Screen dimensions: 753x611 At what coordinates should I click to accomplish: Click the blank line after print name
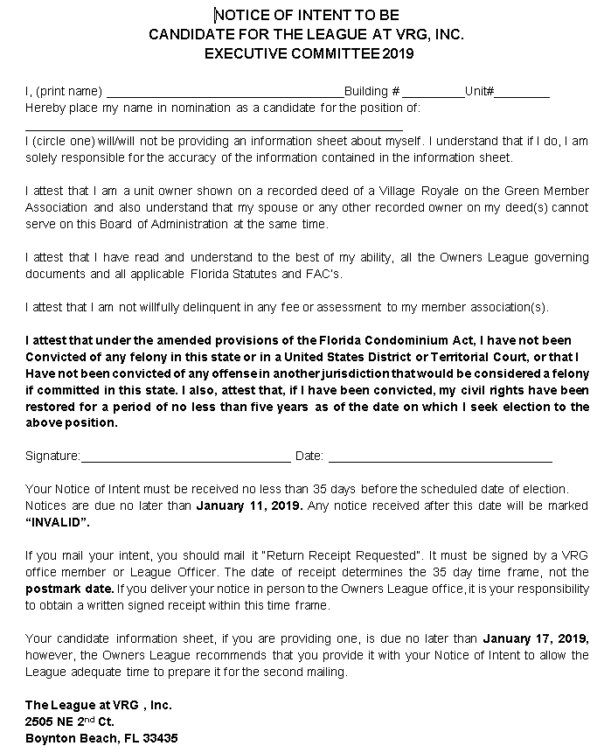click(x=225, y=92)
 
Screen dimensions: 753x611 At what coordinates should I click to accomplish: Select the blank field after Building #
click(x=434, y=92)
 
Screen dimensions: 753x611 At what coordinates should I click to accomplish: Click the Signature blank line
click(x=185, y=457)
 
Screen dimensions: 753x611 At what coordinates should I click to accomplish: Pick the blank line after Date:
click(x=440, y=457)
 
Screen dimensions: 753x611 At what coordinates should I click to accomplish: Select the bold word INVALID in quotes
click(x=58, y=521)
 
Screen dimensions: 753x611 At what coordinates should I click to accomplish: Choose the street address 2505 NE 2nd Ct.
click(x=70, y=722)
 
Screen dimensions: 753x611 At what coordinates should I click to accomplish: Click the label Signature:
click(x=52, y=457)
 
